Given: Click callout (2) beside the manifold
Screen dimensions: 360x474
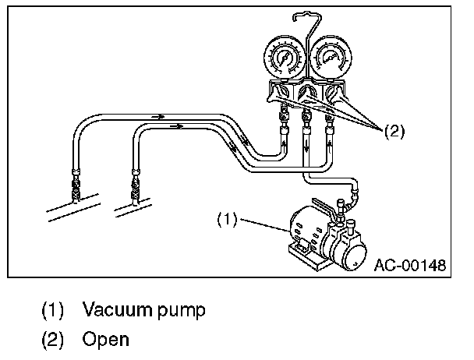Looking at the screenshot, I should (x=396, y=132).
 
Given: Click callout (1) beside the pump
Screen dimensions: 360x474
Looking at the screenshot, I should (x=228, y=221).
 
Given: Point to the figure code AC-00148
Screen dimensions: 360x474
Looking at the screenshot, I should (x=409, y=265).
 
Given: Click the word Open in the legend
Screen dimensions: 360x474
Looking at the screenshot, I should (x=105, y=340).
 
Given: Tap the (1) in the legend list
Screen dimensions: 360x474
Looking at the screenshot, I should (x=52, y=310).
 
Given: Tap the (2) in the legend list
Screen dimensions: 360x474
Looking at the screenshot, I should (x=52, y=340).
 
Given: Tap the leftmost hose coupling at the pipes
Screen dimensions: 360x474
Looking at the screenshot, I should (x=75, y=183).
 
